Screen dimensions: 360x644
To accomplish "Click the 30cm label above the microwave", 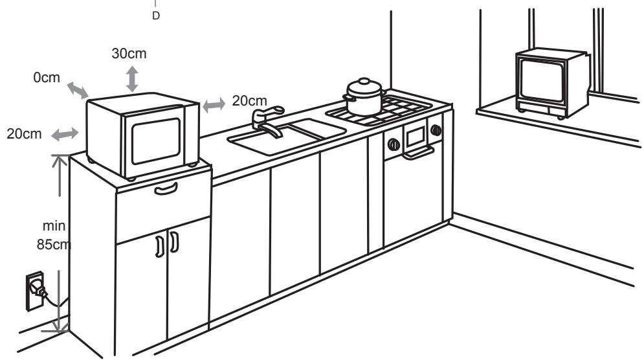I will point(129,54).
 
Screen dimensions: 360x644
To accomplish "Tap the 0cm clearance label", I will point(47,78).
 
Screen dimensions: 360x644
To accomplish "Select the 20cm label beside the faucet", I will point(249,101).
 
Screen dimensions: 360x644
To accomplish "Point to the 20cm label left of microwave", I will point(27,134).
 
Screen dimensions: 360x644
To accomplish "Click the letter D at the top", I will point(155,16).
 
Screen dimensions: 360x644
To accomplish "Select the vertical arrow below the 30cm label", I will point(132,78).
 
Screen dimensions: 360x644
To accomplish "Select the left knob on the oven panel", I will point(393,144).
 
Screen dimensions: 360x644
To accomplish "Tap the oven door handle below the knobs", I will point(418,153).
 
